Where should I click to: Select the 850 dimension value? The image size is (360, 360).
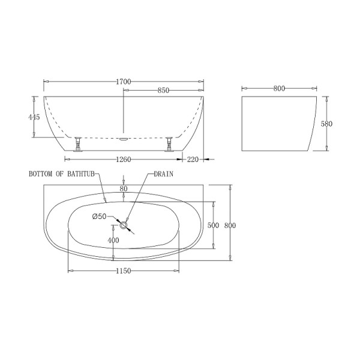coord(163,90)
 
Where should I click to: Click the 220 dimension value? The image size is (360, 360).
coord(193,160)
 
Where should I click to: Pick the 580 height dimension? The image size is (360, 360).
coord(327,124)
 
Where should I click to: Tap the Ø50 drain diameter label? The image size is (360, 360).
coord(99,217)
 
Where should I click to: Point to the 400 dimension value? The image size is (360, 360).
coord(112,240)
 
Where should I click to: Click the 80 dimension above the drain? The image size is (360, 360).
coord(124,189)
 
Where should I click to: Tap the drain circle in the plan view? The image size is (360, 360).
coord(124,226)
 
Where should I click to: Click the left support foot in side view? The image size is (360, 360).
coord(77,144)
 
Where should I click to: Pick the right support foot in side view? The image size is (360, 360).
coord(170,144)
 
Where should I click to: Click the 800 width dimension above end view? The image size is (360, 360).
coord(278,88)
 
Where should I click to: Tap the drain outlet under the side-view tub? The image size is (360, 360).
coord(124,137)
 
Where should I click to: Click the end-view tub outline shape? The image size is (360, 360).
coord(280,123)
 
